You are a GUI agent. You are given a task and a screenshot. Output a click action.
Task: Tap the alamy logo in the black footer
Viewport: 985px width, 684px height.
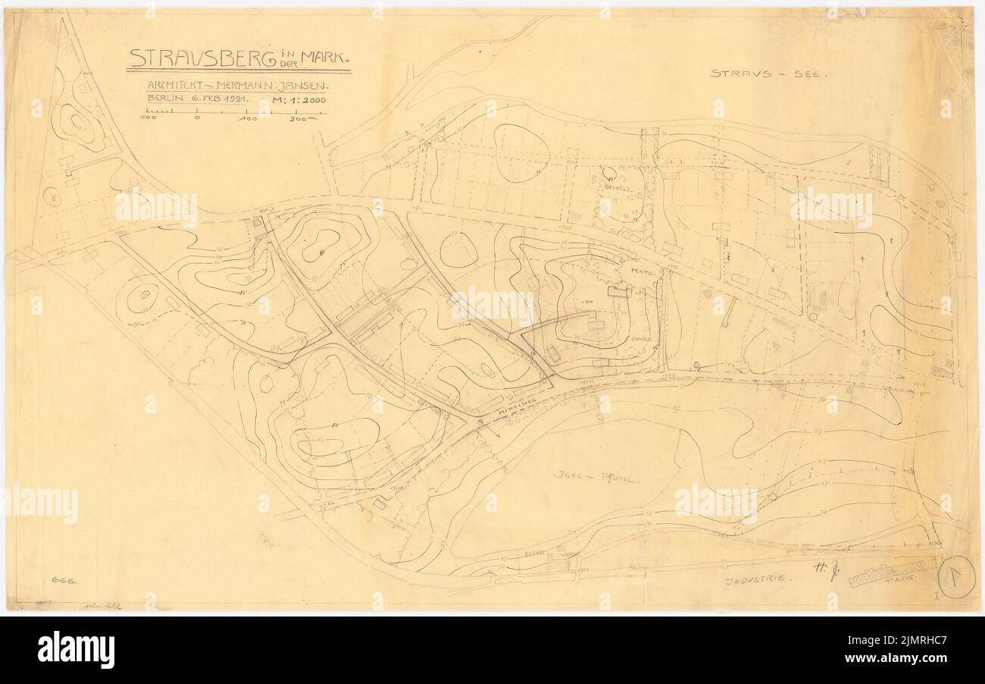click(76, 650)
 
